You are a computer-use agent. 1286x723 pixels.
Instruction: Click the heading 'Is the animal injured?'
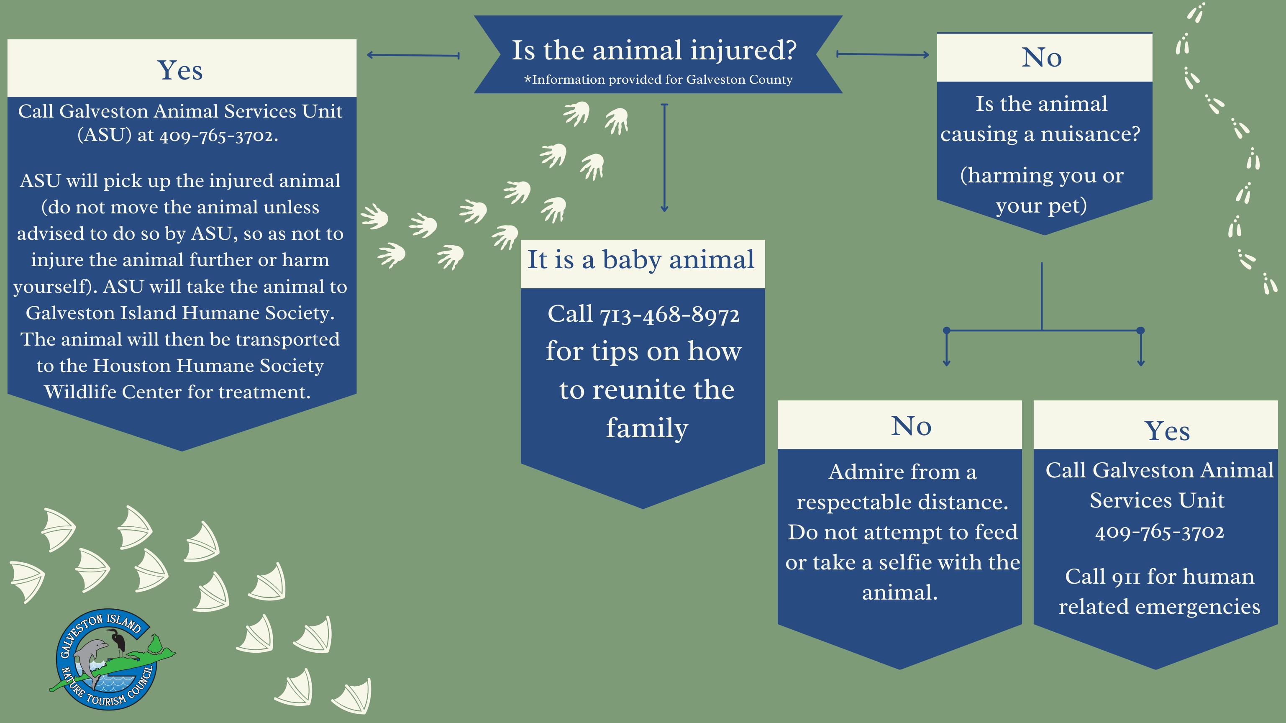click(x=654, y=51)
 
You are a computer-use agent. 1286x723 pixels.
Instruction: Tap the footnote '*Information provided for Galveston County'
click(x=658, y=79)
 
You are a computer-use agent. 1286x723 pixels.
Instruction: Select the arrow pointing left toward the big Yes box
click(x=413, y=55)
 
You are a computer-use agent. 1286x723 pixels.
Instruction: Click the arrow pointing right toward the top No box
click(x=883, y=54)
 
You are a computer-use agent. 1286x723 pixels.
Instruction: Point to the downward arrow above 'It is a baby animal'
click(x=664, y=158)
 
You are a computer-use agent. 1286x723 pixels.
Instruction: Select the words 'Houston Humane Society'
click(x=208, y=366)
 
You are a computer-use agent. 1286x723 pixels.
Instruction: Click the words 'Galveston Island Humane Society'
click(x=180, y=313)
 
